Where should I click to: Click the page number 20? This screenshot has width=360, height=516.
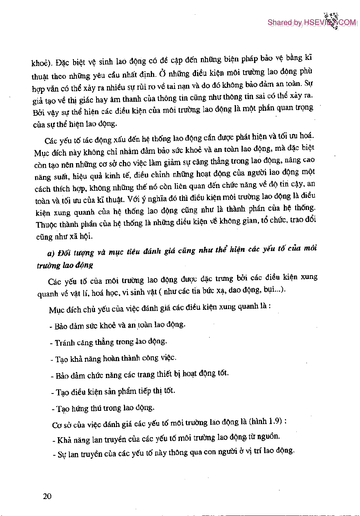(47, 496)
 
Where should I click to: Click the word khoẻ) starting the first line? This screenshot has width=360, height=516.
(41, 63)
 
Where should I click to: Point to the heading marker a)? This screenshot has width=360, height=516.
(51, 253)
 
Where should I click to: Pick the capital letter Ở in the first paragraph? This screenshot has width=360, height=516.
(162, 73)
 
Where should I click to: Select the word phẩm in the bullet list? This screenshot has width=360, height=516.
(127, 391)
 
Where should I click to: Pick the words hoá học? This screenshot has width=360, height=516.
(103, 293)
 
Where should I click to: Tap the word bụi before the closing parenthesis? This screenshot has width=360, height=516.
(269, 289)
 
